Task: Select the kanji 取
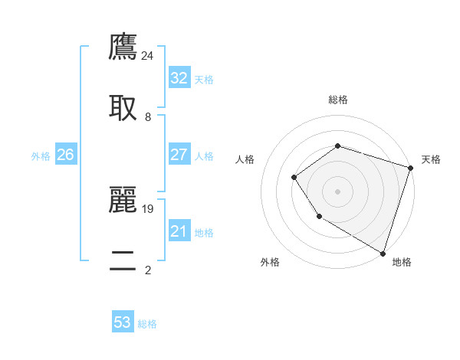pos(123,108)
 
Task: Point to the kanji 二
pos(123,260)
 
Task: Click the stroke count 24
pos(148,55)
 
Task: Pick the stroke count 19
pos(148,208)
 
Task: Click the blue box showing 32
pos(179,78)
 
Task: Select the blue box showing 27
pos(179,155)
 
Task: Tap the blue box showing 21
pos(179,231)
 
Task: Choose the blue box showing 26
pos(65,155)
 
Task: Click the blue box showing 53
pos(123,322)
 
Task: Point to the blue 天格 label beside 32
pos(204,80)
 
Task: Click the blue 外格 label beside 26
pos(41,156)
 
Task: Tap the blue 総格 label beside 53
pos(147,324)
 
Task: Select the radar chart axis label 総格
pos(337,100)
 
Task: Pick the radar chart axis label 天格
pos(431,159)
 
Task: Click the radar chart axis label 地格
pos(402,262)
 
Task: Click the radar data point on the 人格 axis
pos(294,178)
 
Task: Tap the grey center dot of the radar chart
pos(337,191)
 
